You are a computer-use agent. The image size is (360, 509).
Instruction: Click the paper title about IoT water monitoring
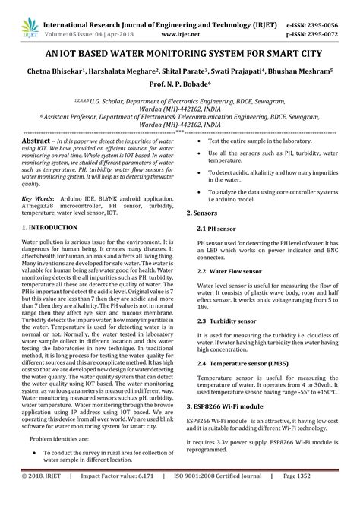179,54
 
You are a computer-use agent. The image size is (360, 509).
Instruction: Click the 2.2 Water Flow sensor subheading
232,270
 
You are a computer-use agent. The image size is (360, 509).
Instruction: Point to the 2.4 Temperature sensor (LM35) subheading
243,364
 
